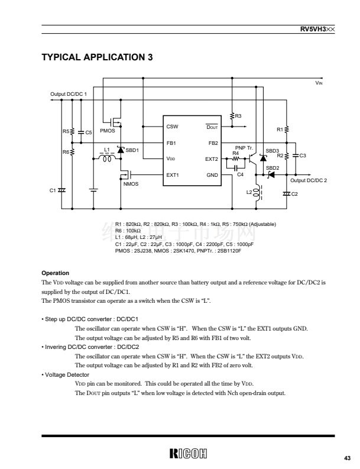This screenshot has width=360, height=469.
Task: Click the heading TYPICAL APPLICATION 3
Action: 97,57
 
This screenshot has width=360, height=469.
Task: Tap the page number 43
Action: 346,457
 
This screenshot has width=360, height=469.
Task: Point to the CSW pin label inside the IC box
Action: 172,127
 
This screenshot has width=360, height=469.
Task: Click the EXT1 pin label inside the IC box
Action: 173,175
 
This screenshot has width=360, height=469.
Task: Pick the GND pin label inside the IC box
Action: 212,175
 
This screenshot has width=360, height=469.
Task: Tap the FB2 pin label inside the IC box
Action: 213,143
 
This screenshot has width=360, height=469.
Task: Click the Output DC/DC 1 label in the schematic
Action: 69,95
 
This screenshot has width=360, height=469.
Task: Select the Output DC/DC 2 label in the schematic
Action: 309,180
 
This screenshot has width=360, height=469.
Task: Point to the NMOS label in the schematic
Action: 130,185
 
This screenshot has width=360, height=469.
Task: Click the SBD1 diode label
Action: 132,150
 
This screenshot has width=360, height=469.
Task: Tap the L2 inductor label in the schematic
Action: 249,192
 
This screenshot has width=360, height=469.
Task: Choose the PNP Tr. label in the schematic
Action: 244,147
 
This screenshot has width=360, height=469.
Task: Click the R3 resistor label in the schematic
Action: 238,116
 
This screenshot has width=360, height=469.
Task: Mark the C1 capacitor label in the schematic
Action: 52,190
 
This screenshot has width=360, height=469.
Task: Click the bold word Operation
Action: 55,273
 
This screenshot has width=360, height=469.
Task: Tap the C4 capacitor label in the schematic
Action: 240,174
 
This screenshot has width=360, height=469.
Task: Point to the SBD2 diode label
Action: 273,168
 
